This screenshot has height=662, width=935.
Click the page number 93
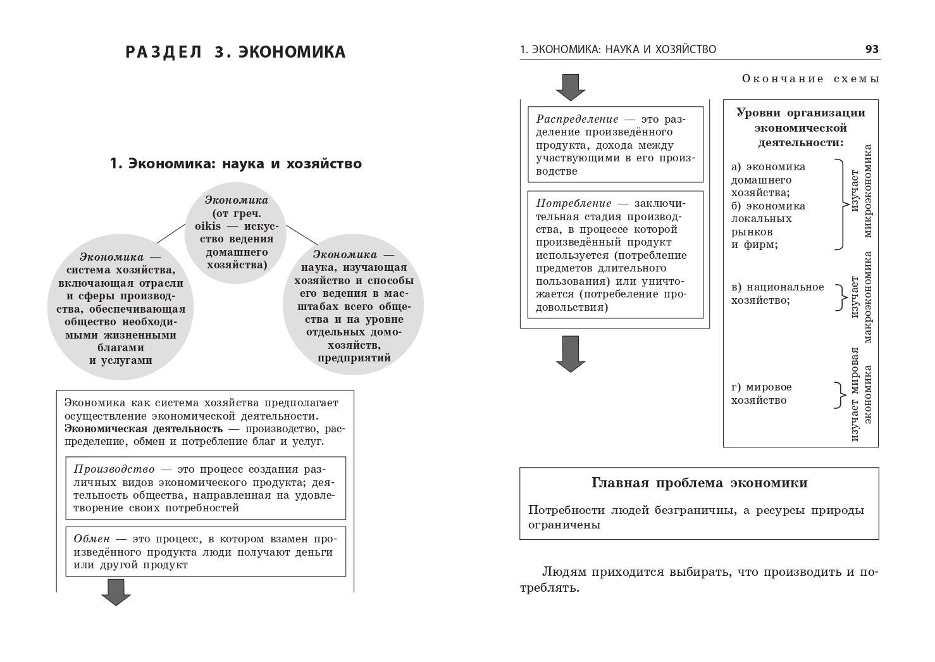(x=872, y=49)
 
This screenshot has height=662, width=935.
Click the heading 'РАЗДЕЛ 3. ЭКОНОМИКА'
(x=235, y=52)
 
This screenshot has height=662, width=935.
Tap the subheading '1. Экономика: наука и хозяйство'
(x=235, y=164)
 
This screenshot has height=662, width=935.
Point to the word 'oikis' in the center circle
(x=199, y=225)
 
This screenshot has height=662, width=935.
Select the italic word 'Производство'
(x=114, y=470)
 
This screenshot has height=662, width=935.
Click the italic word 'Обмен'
(x=92, y=539)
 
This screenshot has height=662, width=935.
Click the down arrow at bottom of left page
(x=116, y=592)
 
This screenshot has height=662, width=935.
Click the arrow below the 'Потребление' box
(x=571, y=353)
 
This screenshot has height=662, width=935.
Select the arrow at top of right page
(x=571, y=87)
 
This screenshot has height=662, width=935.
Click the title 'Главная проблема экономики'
(x=699, y=483)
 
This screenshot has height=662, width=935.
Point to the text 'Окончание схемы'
(x=810, y=79)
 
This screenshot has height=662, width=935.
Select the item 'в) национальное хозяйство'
(x=777, y=294)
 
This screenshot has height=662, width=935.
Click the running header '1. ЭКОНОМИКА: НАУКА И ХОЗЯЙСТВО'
(x=618, y=49)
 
